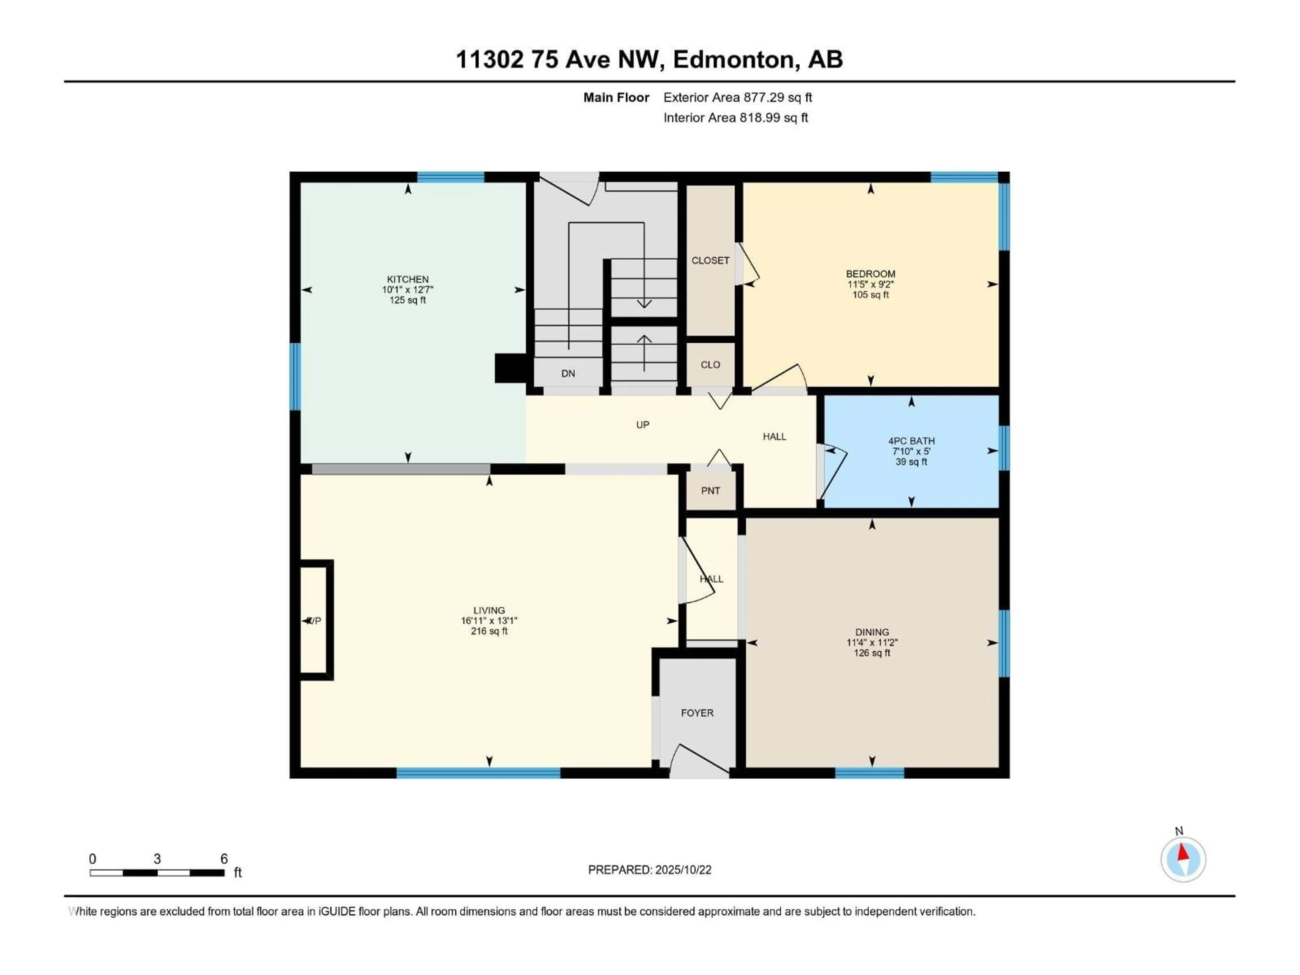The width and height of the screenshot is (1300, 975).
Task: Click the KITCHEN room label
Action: tap(408, 279)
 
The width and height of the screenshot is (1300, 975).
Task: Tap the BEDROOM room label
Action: tap(870, 274)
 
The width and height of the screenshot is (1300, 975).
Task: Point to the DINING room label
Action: tap(872, 632)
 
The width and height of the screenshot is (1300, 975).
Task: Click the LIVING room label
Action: tap(489, 611)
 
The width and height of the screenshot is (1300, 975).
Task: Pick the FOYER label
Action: tap(697, 713)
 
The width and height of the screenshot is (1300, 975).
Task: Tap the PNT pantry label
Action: tap(711, 491)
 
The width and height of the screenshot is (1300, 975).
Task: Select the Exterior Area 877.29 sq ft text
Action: tap(738, 97)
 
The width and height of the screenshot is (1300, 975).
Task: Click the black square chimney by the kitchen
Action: tap(510, 368)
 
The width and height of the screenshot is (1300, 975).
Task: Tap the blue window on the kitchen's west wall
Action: tap(295, 377)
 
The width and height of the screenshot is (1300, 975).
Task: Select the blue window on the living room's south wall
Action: tap(478, 773)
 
